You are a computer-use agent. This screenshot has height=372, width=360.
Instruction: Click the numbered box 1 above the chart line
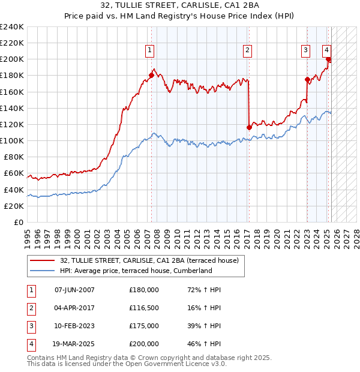pos(149,50)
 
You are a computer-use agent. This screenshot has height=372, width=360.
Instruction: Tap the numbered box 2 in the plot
pos(247,50)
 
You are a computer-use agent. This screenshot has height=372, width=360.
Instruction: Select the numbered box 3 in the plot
pos(305,50)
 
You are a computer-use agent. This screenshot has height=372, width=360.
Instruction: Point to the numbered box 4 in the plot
pos(326,50)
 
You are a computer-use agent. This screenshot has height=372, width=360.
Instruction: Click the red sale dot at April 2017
pos(249,127)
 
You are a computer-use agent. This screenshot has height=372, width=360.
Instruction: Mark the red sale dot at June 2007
pos(151,75)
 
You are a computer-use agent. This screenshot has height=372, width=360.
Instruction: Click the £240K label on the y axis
pos(12,27)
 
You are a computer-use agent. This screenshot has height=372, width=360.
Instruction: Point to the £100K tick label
pos(12,140)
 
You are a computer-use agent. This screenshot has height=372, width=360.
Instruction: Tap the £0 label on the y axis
pos(18,222)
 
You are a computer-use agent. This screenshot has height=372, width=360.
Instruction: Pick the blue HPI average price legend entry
pos(136,271)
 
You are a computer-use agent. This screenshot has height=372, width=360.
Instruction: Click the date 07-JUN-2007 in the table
pos(74,290)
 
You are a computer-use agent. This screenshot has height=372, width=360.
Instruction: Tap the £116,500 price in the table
pos(144,308)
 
